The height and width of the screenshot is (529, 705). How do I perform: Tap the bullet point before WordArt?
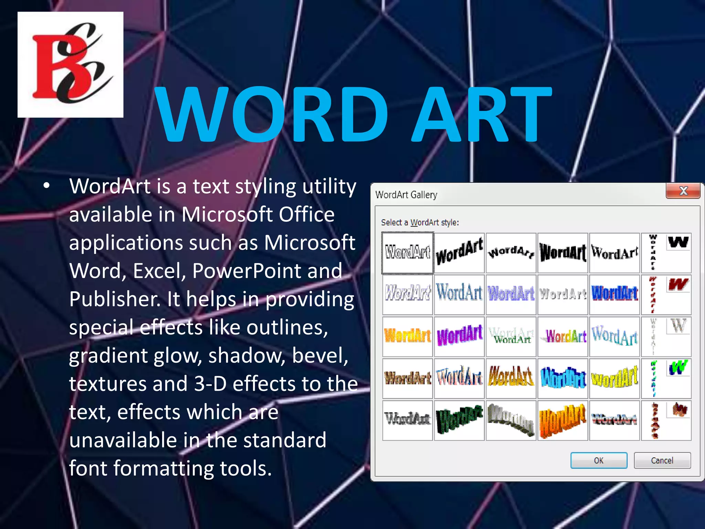(47, 186)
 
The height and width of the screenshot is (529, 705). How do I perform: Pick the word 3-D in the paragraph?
(210, 384)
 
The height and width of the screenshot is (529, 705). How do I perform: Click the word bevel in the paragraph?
(320, 355)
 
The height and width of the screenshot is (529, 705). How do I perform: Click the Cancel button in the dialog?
(662, 460)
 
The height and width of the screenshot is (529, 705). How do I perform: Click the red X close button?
(683, 191)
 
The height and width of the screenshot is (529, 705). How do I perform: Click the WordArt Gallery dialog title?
(406, 195)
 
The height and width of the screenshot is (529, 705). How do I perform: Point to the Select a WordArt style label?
(420, 222)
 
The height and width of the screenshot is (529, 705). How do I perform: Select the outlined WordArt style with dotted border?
(408, 253)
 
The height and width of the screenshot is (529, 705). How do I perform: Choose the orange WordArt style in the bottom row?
(562, 421)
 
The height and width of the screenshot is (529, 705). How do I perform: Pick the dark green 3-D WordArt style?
(459, 421)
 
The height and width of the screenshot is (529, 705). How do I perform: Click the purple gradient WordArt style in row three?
(459, 336)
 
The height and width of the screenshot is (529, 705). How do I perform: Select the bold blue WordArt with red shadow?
(614, 294)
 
